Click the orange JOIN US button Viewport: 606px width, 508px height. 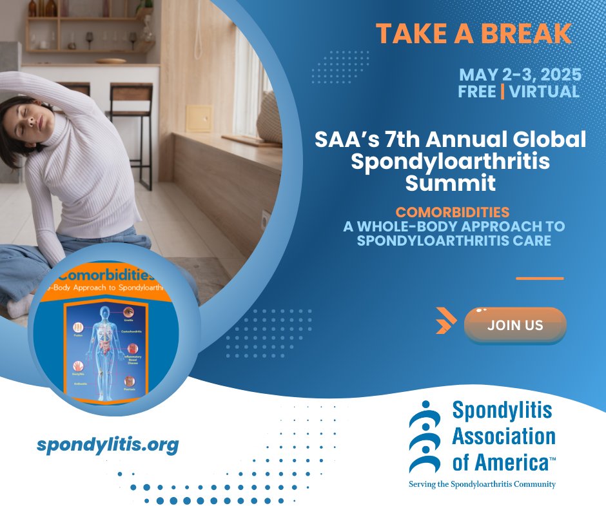coord(515,326)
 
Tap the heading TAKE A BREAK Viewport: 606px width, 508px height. coord(474,34)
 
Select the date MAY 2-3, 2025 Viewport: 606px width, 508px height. coord(520,74)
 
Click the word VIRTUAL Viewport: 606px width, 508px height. coord(544,92)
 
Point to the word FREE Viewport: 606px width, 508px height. coord(477,92)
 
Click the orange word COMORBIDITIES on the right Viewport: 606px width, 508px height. coord(452,212)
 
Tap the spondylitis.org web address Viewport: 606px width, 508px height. coord(108,445)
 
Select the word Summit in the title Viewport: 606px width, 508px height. coord(451,182)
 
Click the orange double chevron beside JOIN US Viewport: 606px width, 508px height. coord(445,321)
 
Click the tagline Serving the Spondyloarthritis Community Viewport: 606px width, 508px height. coord(482,484)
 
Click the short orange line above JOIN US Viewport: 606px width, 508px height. coord(540,278)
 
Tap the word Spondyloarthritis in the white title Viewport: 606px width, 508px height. coord(450,161)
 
